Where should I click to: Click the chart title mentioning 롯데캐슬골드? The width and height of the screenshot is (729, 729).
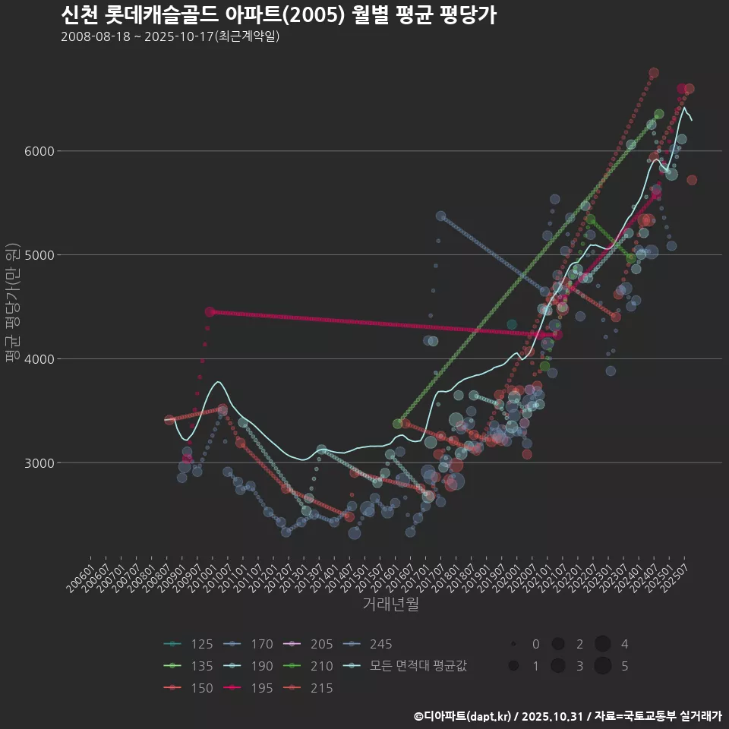[x=278, y=15]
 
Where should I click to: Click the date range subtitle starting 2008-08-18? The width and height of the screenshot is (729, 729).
[x=170, y=36]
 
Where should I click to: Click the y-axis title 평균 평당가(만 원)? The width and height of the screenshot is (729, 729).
[x=12, y=304]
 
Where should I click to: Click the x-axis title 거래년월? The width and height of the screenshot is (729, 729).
[x=390, y=604]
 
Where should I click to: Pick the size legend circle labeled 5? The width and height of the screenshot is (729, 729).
[x=603, y=667]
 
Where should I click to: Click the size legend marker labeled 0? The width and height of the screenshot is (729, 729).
[x=514, y=645]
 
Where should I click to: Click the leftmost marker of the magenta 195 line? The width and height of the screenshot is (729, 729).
[x=210, y=312]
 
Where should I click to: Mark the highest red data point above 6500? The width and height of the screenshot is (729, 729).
[x=654, y=73]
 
